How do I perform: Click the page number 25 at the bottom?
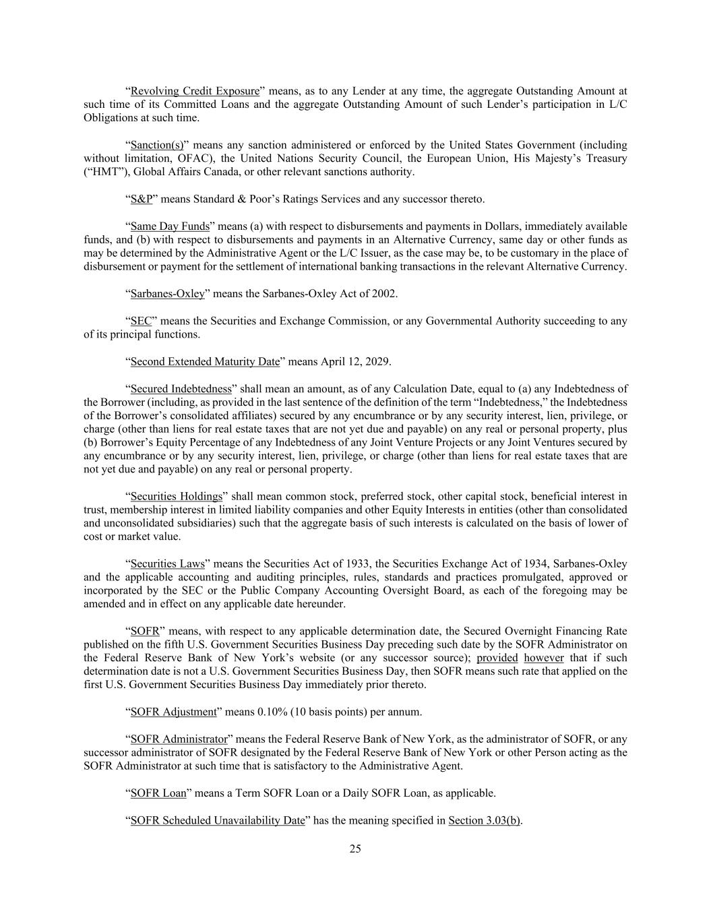pos(355,849)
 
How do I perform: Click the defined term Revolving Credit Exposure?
pos(195,91)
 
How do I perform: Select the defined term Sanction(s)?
pos(156,145)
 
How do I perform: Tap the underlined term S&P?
pos(142,199)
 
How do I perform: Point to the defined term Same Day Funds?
pos(170,226)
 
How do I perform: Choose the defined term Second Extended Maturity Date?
pos(205,361)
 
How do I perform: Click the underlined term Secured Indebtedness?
pos(181,388)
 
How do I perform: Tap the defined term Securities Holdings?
pos(176,497)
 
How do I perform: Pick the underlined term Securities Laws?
pos(168,563)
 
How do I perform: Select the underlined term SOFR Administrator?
pos(179,739)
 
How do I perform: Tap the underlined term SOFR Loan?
pos(158,793)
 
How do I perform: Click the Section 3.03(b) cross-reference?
pos(484,820)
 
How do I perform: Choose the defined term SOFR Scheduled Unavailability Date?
pos(218,820)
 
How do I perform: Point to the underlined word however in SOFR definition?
pos(543,658)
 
